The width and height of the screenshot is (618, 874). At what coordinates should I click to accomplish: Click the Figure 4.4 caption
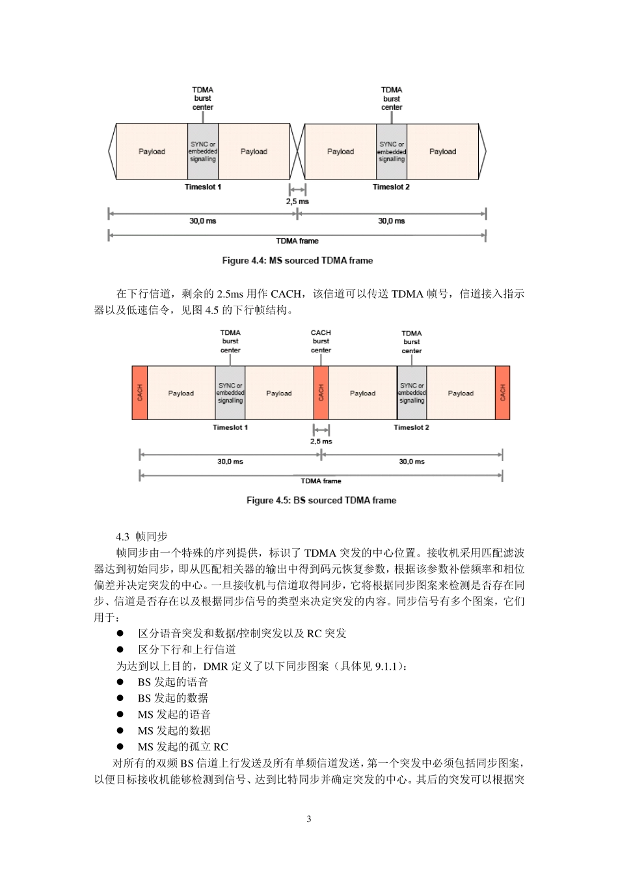pyautogui.click(x=297, y=261)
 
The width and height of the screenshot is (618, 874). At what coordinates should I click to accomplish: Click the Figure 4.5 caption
pyautogui.click(x=321, y=501)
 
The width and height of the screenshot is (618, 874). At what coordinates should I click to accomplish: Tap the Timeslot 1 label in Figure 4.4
pyautogui.click(x=203, y=187)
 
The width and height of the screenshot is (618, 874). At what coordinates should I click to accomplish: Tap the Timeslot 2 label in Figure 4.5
pyautogui.click(x=411, y=428)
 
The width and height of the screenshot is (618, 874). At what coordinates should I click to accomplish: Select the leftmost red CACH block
pyautogui.click(x=140, y=393)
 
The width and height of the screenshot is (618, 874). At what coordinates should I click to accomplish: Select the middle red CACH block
pyautogui.click(x=321, y=393)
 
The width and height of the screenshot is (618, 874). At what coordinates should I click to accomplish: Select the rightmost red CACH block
pyautogui.click(x=502, y=393)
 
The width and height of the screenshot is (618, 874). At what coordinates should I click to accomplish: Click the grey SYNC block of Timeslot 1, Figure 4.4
pyautogui.click(x=203, y=152)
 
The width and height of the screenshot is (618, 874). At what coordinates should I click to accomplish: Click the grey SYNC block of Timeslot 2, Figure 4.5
pyautogui.click(x=412, y=393)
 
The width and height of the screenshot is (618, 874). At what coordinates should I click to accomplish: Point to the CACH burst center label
pyautogui.click(x=321, y=341)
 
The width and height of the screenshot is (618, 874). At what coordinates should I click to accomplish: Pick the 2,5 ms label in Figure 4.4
pyautogui.click(x=297, y=202)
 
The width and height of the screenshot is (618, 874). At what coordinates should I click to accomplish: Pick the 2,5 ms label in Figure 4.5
pyautogui.click(x=321, y=442)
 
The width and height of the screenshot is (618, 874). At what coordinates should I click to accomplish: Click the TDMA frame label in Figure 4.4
pyautogui.click(x=297, y=241)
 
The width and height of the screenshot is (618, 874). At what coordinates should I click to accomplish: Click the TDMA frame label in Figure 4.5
pyautogui.click(x=321, y=481)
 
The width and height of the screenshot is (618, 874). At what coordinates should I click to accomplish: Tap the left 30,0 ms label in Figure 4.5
pyautogui.click(x=230, y=462)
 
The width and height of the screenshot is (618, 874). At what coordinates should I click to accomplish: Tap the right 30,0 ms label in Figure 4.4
pyautogui.click(x=392, y=221)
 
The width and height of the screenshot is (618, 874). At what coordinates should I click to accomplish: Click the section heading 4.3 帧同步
pyautogui.click(x=142, y=536)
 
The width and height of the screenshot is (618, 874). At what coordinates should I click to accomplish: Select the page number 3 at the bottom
pyautogui.click(x=309, y=819)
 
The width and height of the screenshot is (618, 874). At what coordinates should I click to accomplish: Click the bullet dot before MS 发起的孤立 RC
pyautogui.click(x=120, y=747)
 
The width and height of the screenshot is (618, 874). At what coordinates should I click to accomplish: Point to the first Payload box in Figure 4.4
pyautogui.click(x=152, y=152)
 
